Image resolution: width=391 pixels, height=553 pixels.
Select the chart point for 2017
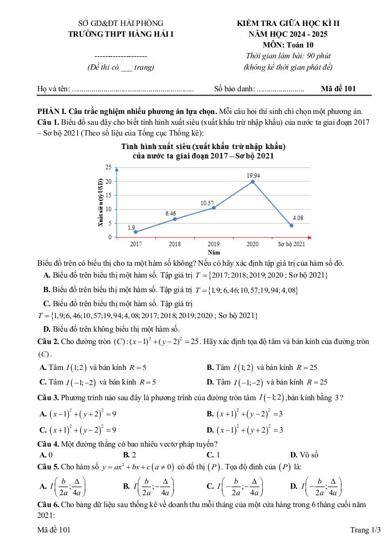[136, 232]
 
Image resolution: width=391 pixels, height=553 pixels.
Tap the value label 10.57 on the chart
[207, 203]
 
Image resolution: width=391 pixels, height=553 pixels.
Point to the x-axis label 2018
[175, 244]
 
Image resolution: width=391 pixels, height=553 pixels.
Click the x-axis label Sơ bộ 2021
[291, 244]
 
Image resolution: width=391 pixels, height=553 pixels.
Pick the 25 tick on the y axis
[108, 168]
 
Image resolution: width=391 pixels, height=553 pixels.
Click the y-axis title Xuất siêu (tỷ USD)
[100, 201]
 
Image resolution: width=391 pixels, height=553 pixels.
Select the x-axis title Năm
[214, 252]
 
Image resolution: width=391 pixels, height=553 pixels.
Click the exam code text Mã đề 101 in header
[338, 89]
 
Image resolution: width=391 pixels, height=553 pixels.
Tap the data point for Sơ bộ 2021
[292, 225]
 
